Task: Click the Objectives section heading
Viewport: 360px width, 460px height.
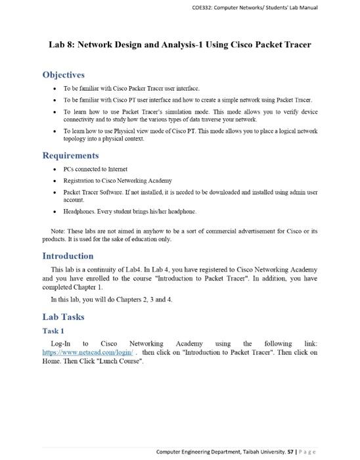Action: click(x=64, y=75)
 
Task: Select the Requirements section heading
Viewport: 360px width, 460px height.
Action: click(x=70, y=156)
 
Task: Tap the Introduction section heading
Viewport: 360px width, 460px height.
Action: click(x=68, y=256)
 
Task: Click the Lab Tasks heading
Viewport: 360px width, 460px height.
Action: click(x=63, y=317)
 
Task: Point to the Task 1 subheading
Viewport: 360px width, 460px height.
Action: click(x=53, y=331)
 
